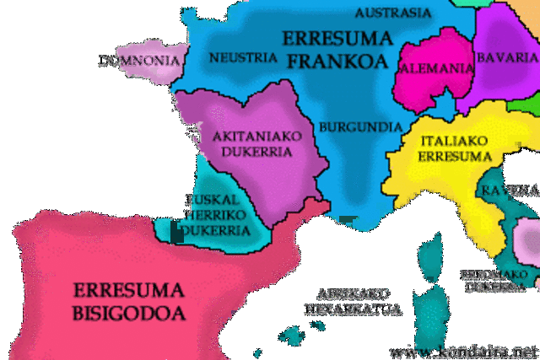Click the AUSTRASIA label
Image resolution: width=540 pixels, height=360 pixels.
(392, 13)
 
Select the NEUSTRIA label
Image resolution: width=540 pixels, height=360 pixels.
(242, 57)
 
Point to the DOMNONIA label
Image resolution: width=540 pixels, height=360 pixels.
(138, 60)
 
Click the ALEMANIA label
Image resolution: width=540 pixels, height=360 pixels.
(435, 68)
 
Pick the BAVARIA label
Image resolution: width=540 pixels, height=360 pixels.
(506, 57)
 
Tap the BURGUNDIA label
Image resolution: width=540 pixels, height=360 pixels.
(360, 127)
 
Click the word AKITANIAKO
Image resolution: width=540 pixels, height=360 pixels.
(252, 136)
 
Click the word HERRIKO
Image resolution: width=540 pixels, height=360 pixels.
(214, 215)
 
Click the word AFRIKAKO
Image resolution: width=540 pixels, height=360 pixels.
(353, 293)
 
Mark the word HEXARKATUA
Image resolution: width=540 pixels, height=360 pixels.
(354, 309)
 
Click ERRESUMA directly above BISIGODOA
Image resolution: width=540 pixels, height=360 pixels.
(129, 291)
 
